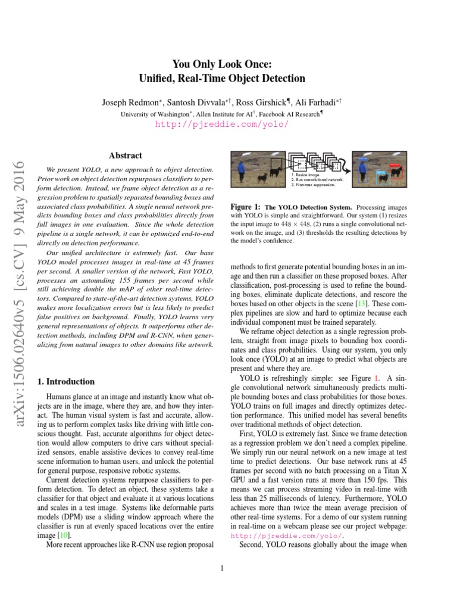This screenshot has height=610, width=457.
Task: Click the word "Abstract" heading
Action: (x=125, y=155)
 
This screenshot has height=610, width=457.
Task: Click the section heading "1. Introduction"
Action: (x=65, y=382)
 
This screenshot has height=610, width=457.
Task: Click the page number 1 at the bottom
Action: (x=221, y=568)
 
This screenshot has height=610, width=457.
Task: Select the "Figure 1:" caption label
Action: (x=245, y=207)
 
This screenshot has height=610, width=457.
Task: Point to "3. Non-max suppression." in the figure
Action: (x=312, y=185)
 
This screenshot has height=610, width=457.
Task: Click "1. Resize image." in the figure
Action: (x=304, y=175)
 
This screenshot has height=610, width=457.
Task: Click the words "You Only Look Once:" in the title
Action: (x=221, y=64)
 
